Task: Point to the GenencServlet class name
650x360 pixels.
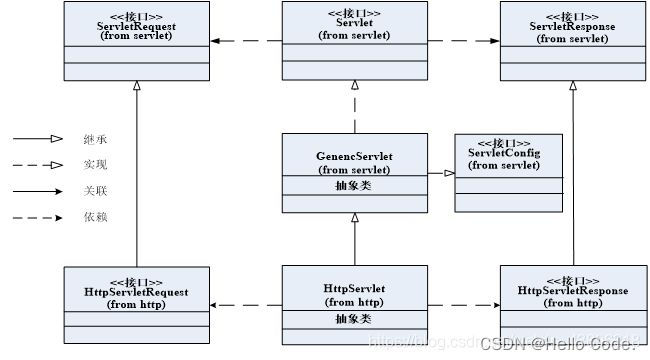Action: [x=356, y=157]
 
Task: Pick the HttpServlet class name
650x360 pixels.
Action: [x=355, y=289]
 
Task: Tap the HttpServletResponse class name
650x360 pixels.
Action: [x=573, y=291]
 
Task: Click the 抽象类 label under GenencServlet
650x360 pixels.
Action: [x=356, y=185]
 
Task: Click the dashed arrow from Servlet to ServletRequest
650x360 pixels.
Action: [x=245, y=40]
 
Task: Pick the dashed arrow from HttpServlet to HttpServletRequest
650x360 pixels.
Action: [x=245, y=305]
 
